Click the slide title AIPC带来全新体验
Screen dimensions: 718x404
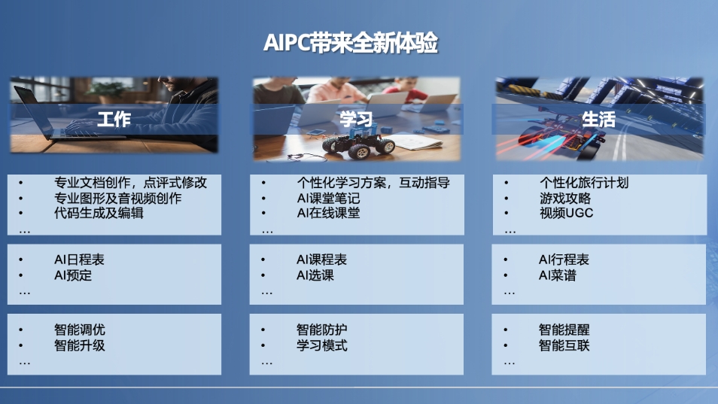click(350, 43)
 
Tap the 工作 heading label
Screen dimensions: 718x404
click(114, 120)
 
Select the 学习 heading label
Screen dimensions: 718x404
click(356, 120)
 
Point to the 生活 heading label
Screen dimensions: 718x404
click(598, 120)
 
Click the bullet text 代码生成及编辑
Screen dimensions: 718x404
click(99, 213)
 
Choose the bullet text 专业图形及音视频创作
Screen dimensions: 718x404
click(118, 198)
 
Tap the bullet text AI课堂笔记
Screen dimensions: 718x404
click(328, 198)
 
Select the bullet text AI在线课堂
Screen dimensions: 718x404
click(328, 213)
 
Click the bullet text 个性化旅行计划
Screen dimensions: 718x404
click(584, 183)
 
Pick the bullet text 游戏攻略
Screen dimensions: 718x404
click(565, 198)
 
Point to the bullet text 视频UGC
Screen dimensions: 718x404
click(567, 213)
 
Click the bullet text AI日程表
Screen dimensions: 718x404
click(79, 260)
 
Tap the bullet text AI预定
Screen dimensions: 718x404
click(73, 275)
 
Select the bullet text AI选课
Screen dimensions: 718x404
click(315, 275)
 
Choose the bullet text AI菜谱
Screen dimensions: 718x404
click(557, 275)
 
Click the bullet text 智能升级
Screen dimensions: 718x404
click(80, 345)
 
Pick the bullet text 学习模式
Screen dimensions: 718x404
click(322, 345)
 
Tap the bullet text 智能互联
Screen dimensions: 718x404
click(564, 345)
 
